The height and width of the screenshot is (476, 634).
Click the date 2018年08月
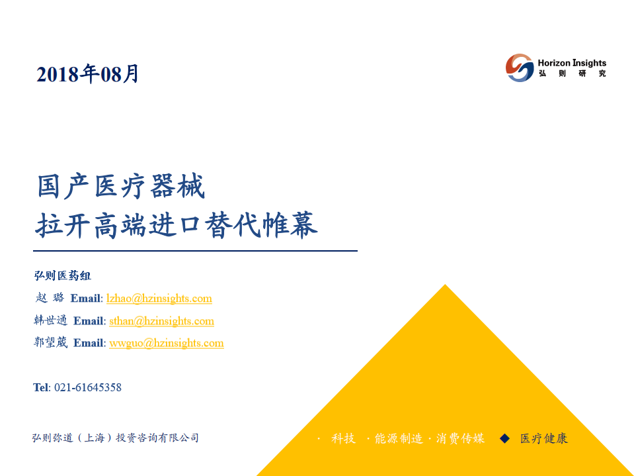[88, 74]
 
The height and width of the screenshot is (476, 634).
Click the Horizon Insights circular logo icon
[520, 68]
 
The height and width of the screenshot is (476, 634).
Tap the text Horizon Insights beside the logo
[571, 63]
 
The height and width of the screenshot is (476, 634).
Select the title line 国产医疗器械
[121, 187]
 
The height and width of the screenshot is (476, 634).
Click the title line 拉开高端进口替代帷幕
[177, 225]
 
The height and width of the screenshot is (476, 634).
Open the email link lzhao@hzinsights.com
[159, 299]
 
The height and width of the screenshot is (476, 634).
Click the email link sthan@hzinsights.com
[161, 321]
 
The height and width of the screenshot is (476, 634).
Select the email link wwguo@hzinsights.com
[166, 343]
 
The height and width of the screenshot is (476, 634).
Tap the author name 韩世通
[50, 320]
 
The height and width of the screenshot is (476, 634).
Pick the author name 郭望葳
[50, 343]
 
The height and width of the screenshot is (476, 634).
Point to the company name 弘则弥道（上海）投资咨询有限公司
[115, 438]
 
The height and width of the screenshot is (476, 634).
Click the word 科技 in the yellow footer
[343, 438]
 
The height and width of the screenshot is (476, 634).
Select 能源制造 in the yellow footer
[398, 438]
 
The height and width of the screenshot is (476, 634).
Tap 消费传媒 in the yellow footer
[460, 438]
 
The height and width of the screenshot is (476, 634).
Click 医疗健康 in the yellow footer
[543, 438]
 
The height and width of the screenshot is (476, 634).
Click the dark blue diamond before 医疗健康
[505, 438]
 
